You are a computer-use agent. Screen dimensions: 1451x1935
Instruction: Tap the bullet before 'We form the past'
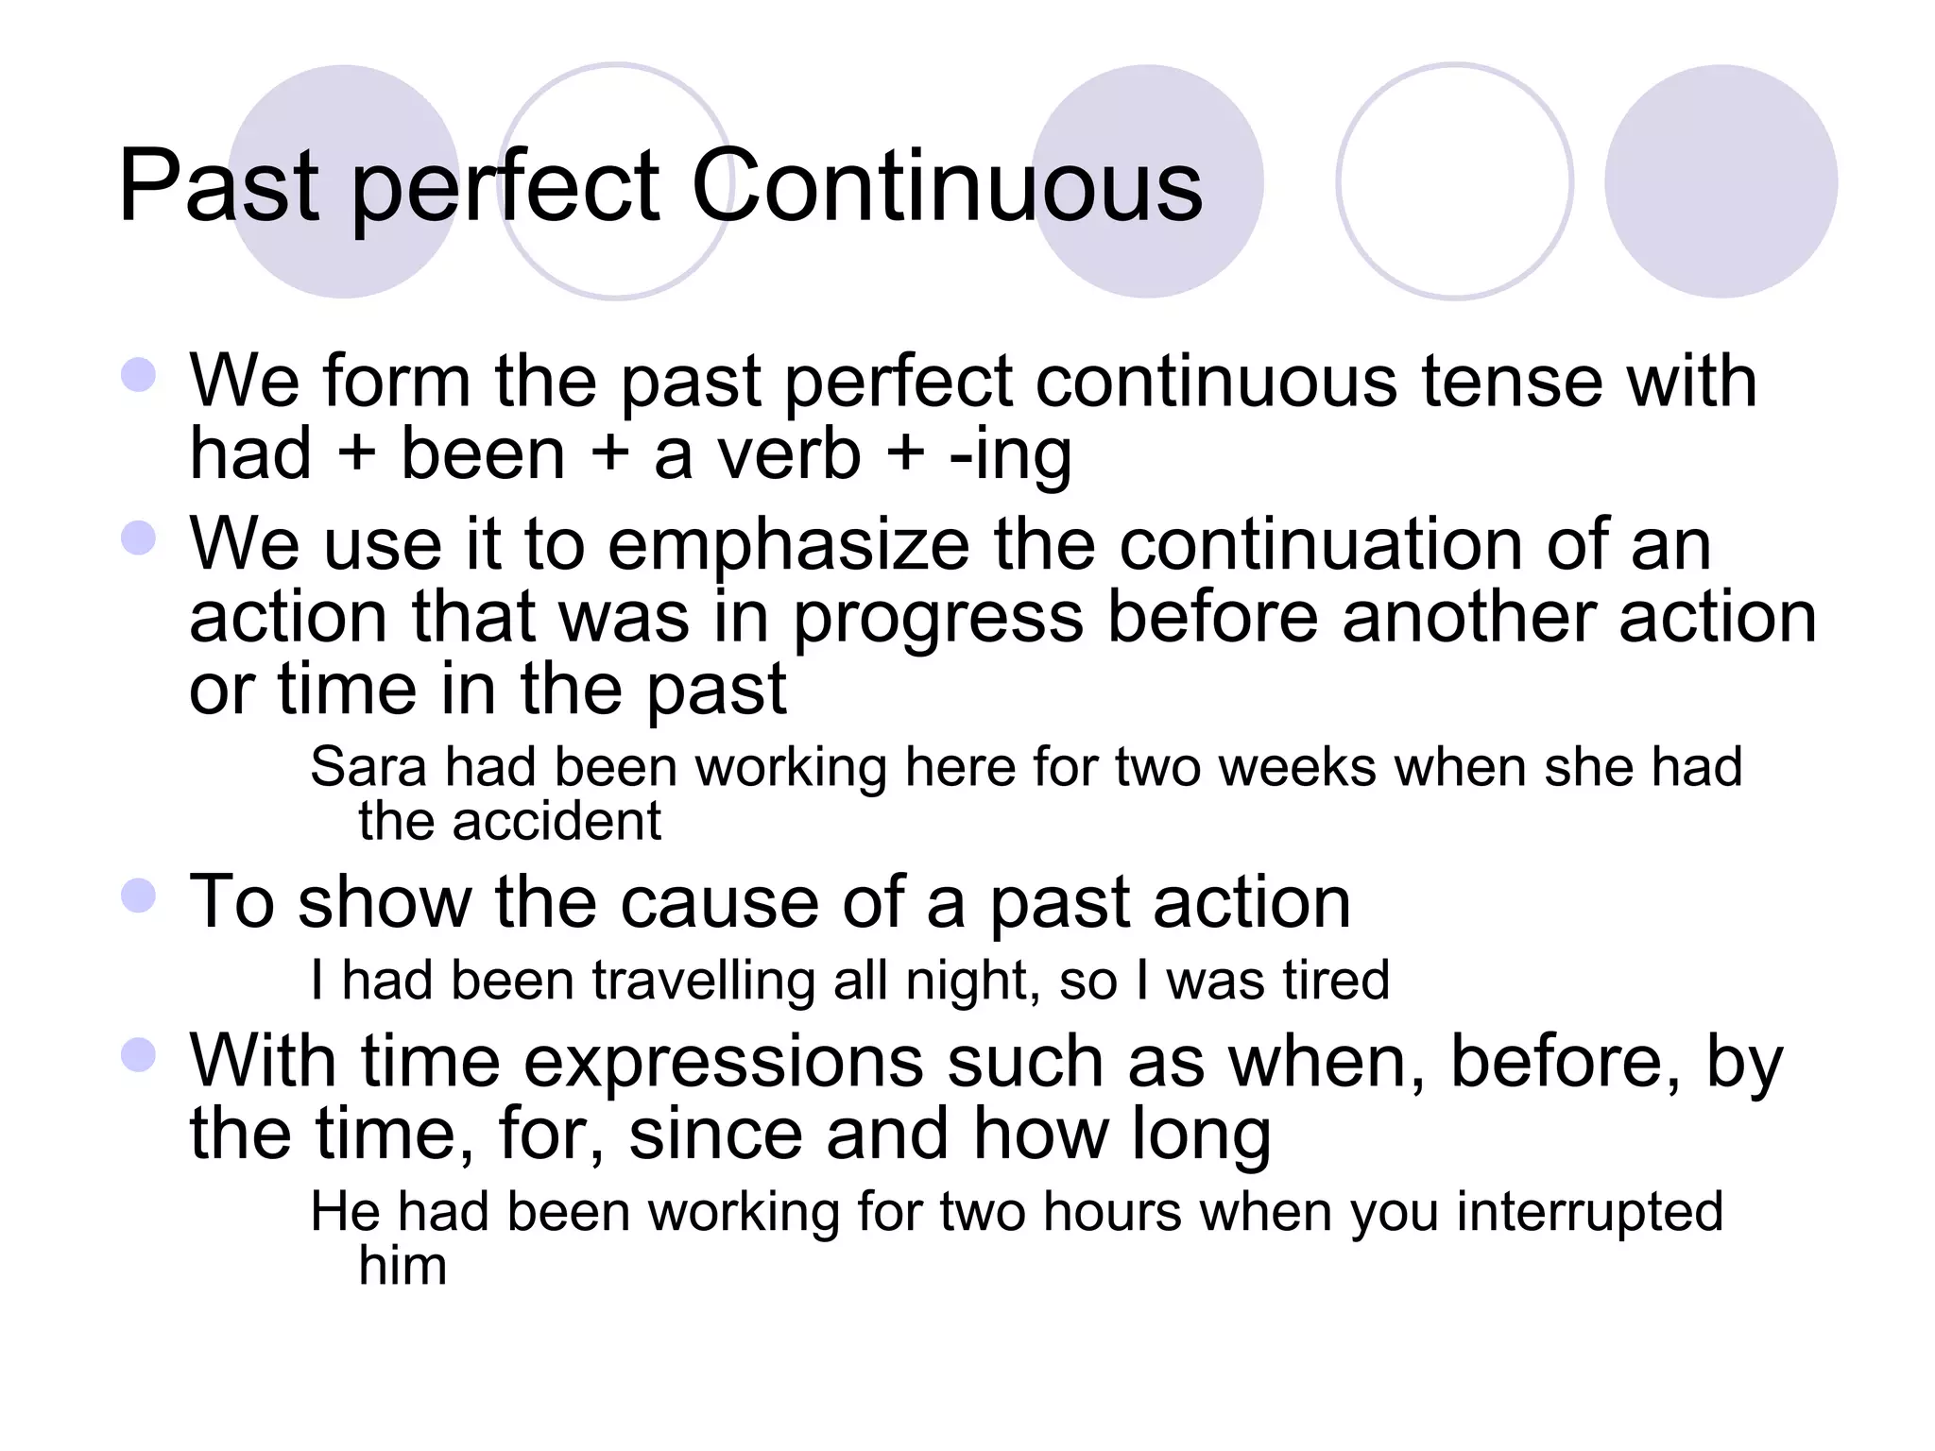pos(139,374)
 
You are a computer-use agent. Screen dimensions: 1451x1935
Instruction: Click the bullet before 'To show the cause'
pos(139,896)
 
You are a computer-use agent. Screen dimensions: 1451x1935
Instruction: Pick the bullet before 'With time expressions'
pos(139,1055)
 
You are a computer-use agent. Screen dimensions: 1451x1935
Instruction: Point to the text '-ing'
pos(1011,455)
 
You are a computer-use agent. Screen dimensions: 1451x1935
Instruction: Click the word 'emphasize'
pos(788,546)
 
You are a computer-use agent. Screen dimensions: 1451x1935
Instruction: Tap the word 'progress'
pos(937,620)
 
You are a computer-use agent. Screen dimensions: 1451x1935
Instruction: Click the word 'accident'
pos(557,821)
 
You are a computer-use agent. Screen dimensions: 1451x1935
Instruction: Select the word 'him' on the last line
pos(402,1266)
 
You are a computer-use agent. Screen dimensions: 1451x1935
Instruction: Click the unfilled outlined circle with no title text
pos(1455,181)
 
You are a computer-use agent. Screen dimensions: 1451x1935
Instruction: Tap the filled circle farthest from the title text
pos(1721,181)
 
